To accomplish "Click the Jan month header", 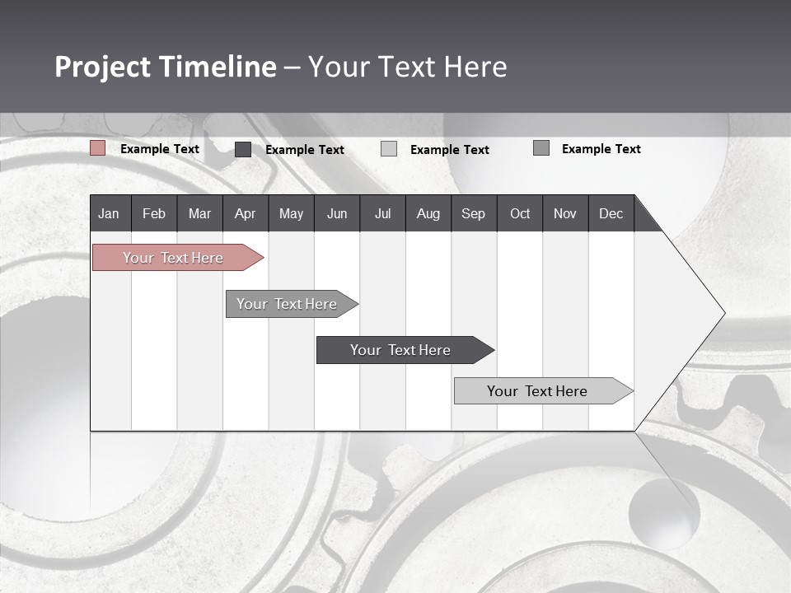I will point(109,213).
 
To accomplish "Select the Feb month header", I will point(154,213).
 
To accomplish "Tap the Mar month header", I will point(199,213).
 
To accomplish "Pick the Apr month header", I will point(245,213).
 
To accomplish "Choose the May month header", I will point(291,213).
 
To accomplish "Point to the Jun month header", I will point(337,213).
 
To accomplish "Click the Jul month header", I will point(382,213).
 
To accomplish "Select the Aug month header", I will point(428,213).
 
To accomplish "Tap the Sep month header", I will point(474,213).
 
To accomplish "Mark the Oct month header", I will point(520,213).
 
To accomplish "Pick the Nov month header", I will point(565,213).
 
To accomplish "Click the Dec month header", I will point(611,213).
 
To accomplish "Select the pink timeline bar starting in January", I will point(173,258).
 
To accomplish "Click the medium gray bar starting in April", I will point(287,304).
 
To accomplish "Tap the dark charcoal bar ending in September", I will point(400,350).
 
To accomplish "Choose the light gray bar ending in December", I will point(537,391).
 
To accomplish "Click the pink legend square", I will point(98,148).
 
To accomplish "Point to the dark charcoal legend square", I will point(243,149).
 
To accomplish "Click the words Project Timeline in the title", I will point(166,67).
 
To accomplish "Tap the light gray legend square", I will point(389,149).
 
